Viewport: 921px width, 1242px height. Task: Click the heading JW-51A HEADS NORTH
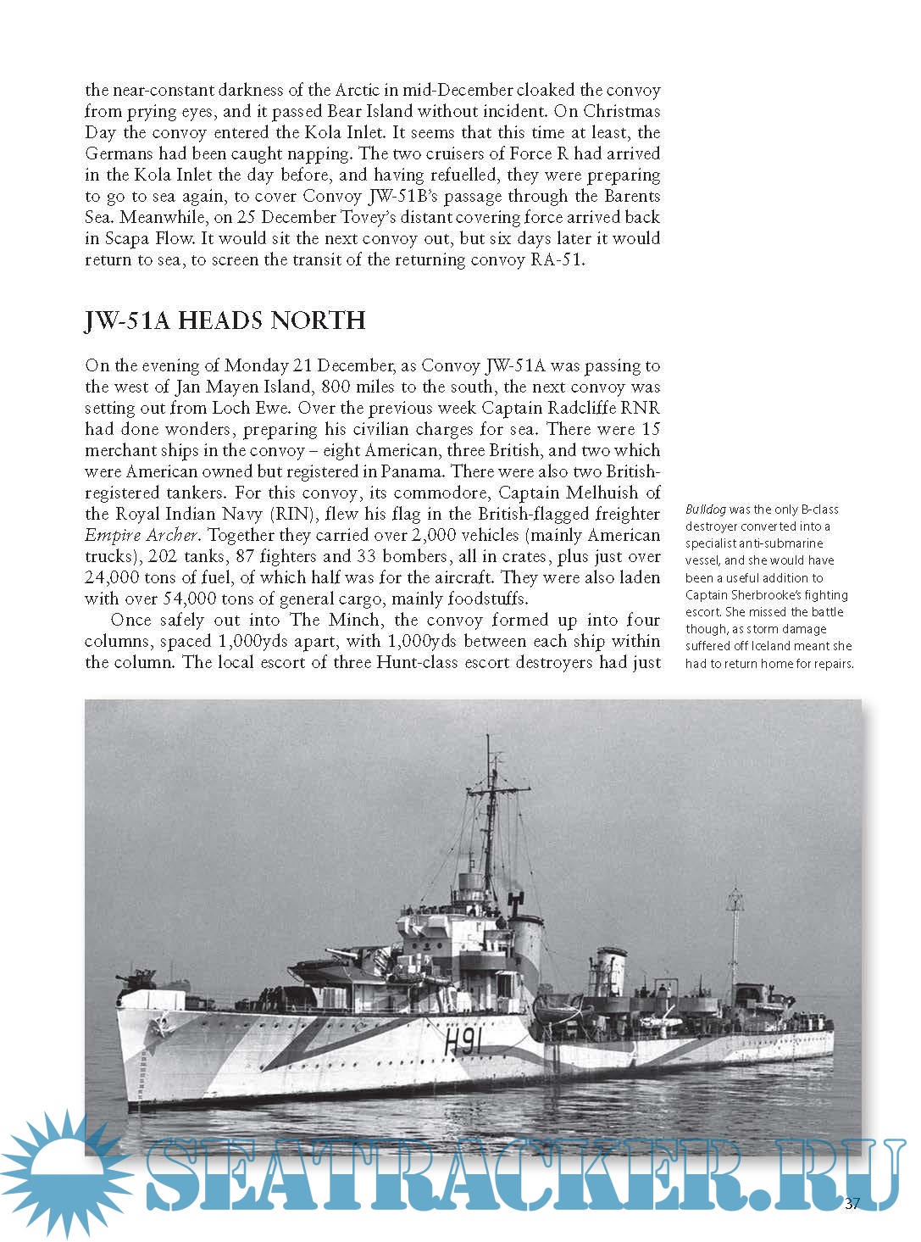225,320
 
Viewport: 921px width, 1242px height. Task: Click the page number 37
852,1203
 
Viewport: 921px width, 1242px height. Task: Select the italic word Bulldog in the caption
706,510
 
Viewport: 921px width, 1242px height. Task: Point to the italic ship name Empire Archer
142,535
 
